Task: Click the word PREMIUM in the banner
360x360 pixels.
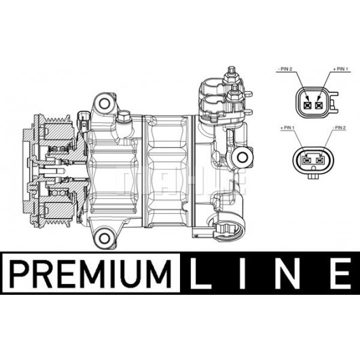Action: click(91, 274)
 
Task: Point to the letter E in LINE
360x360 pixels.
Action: click(341, 274)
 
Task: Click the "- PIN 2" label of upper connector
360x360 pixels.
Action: click(285, 69)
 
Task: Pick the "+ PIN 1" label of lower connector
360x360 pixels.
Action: click(287, 128)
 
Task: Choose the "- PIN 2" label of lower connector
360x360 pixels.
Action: click(339, 128)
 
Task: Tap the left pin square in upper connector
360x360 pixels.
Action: click(307, 105)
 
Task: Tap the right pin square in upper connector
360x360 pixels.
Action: click(319, 105)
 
